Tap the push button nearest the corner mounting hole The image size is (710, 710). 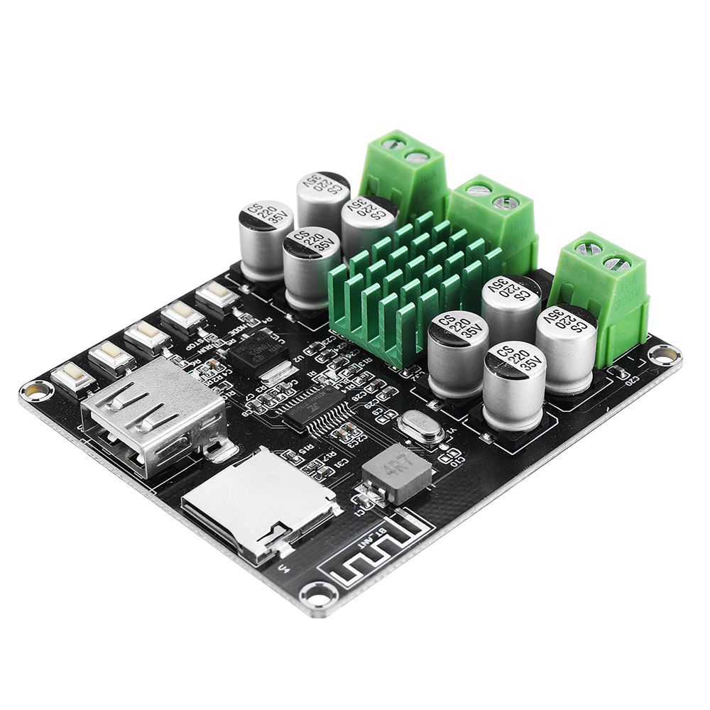(x=73, y=377)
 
